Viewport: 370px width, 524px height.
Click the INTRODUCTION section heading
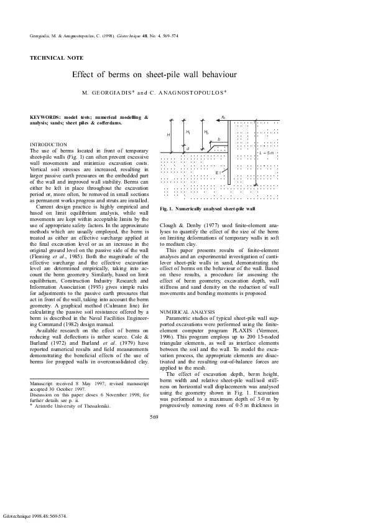49,144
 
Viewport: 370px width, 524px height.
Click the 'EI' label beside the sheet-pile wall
217,172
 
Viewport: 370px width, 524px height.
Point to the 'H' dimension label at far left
168,134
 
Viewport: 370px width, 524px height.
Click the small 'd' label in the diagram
188,149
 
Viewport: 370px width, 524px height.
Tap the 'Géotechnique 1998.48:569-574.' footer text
35,517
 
